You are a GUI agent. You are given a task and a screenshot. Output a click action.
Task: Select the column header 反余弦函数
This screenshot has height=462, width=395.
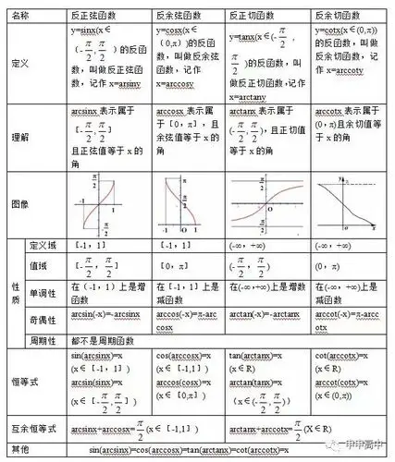(181, 18)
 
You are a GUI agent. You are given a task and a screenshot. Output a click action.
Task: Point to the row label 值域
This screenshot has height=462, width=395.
(39, 265)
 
